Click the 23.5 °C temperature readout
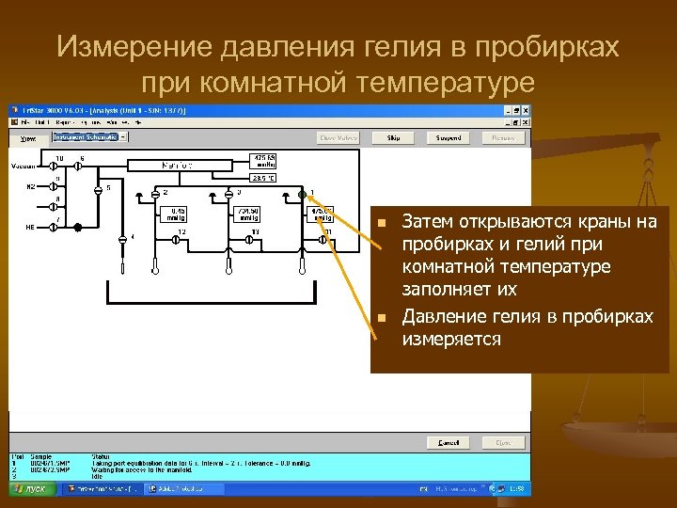(263, 177)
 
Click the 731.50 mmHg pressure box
(249, 214)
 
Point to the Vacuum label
(23, 165)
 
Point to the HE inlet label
(30, 227)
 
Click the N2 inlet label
(30, 186)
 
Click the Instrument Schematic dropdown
(87, 136)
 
